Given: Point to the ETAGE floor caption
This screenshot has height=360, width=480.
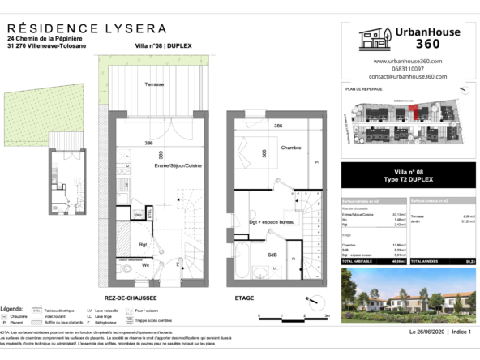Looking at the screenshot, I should click(245, 298).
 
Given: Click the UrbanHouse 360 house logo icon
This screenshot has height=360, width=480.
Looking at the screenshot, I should click(374, 41).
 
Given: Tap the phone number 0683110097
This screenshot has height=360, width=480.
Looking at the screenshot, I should click(407, 69).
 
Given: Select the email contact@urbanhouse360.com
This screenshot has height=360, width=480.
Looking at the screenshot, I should click(407, 76).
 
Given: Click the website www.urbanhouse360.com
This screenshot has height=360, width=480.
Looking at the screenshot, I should click(407, 62).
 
